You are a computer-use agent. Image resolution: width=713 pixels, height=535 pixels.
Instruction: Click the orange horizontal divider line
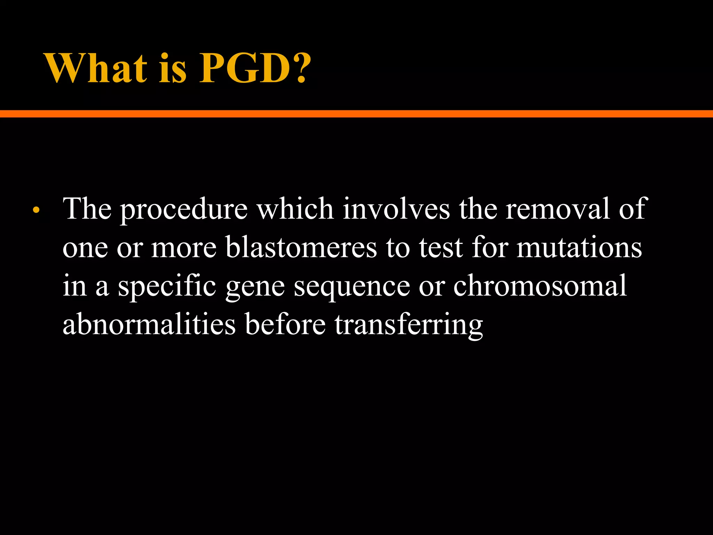click(x=356, y=114)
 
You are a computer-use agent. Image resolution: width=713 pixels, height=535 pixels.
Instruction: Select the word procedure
click(x=184, y=210)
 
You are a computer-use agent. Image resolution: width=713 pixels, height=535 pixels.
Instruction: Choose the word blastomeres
click(x=301, y=248)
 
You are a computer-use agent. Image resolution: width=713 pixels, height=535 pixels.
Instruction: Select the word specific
click(x=167, y=287)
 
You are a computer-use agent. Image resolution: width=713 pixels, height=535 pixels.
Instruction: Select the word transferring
click(x=409, y=325)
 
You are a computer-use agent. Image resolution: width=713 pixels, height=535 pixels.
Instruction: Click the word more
click(x=184, y=248)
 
